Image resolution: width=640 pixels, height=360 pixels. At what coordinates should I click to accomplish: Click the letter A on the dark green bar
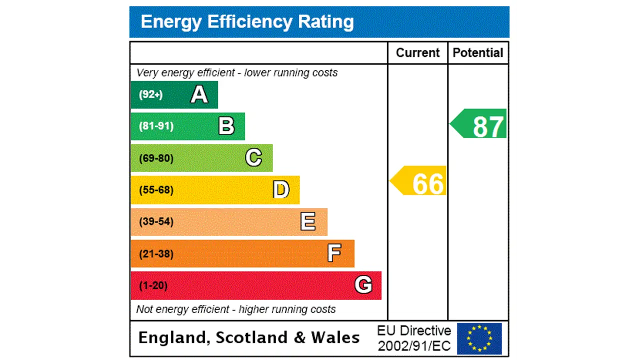tap(199, 94)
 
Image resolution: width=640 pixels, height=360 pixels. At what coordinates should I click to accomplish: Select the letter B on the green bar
tap(226, 126)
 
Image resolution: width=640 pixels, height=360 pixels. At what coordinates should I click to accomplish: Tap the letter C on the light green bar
tap(253, 158)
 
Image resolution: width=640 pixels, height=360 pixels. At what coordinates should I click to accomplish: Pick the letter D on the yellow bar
tap(281, 190)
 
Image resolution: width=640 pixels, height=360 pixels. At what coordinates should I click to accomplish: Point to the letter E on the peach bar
tap(308, 221)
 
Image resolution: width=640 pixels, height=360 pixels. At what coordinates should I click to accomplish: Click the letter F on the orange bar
tap(334, 253)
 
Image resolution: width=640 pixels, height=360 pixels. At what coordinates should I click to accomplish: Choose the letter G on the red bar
tap(363, 285)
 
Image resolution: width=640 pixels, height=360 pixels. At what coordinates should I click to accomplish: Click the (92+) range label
tap(150, 94)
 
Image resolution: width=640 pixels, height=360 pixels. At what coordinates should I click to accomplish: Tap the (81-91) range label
tap(156, 126)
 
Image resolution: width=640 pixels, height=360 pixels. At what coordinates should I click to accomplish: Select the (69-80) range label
tap(156, 158)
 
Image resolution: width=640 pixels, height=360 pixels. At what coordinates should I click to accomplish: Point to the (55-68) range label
tap(156, 190)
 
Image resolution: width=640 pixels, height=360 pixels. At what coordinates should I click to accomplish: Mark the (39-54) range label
tap(156, 221)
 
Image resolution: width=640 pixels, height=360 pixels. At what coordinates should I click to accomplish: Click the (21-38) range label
tap(156, 253)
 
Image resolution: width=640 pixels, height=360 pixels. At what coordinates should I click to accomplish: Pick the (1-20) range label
tap(153, 285)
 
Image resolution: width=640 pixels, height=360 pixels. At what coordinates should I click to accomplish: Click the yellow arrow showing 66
tap(419, 181)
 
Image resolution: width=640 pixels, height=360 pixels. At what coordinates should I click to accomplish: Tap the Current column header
tap(417, 53)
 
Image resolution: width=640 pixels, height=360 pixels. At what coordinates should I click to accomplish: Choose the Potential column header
tap(478, 53)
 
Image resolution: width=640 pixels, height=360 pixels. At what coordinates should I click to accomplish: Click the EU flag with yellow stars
tap(479, 338)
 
